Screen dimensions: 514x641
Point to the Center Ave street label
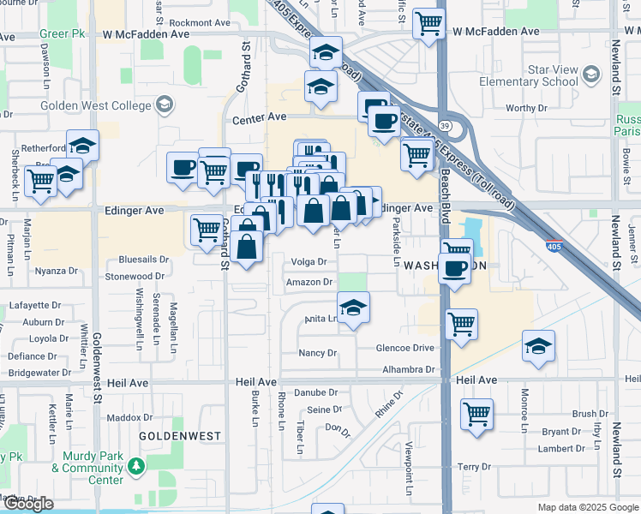(255, 115)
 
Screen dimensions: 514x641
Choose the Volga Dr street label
(309, 262)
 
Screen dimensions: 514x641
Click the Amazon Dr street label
(309, 282)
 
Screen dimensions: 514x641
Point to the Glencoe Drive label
(405, 348)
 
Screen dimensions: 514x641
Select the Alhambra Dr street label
(407, 370)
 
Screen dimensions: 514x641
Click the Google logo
(28, 504)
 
